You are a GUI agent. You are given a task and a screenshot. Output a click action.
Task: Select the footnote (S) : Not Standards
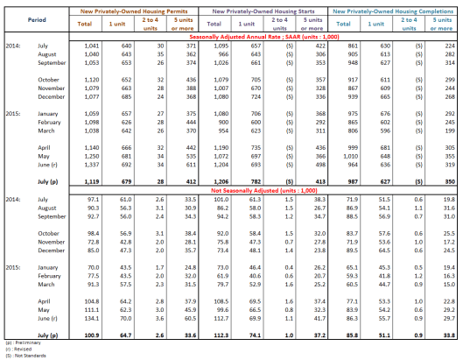click(x=22, y=355)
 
